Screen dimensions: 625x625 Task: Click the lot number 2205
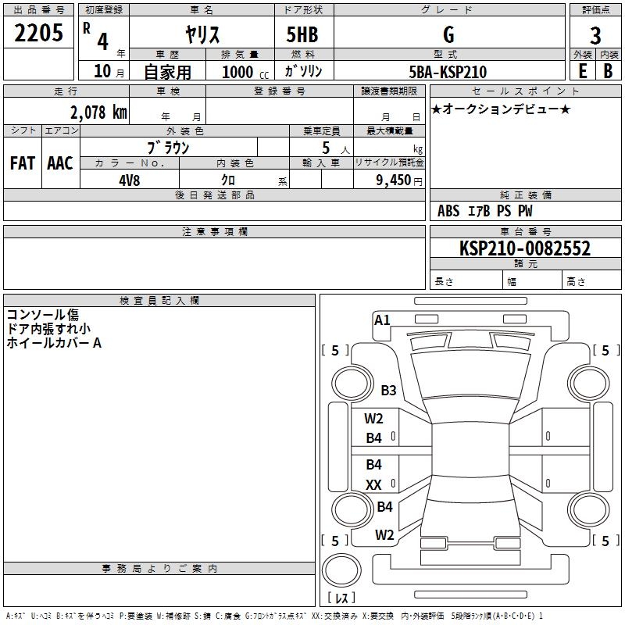point(38,33)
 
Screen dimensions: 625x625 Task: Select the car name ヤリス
point(202,34)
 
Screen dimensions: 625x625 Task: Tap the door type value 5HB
point(302,34)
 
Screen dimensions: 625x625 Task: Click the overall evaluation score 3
point(595,36)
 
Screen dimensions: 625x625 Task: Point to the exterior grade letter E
point(582,71)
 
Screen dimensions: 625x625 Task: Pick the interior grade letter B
point(608,71)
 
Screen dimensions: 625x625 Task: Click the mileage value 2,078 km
point(98,112)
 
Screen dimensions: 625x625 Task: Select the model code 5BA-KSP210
point(448,72)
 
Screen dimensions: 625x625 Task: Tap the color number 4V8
point(129,180)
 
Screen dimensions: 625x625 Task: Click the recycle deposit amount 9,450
point(393,180)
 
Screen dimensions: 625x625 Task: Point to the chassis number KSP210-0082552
point(524,248)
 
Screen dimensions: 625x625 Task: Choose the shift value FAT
point(23,163)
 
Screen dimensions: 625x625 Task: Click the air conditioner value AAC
point(60,163)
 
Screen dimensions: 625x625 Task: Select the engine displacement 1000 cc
point(245,72)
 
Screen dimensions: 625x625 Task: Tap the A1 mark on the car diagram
point(382,320)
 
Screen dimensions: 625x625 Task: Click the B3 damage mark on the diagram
point(388,390)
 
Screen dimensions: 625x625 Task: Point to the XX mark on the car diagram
point(373,484)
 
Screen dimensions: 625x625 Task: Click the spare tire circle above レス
point(341,570)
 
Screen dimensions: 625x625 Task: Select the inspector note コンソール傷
point(43,315)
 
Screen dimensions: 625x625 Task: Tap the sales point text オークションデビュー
point(501,109)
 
